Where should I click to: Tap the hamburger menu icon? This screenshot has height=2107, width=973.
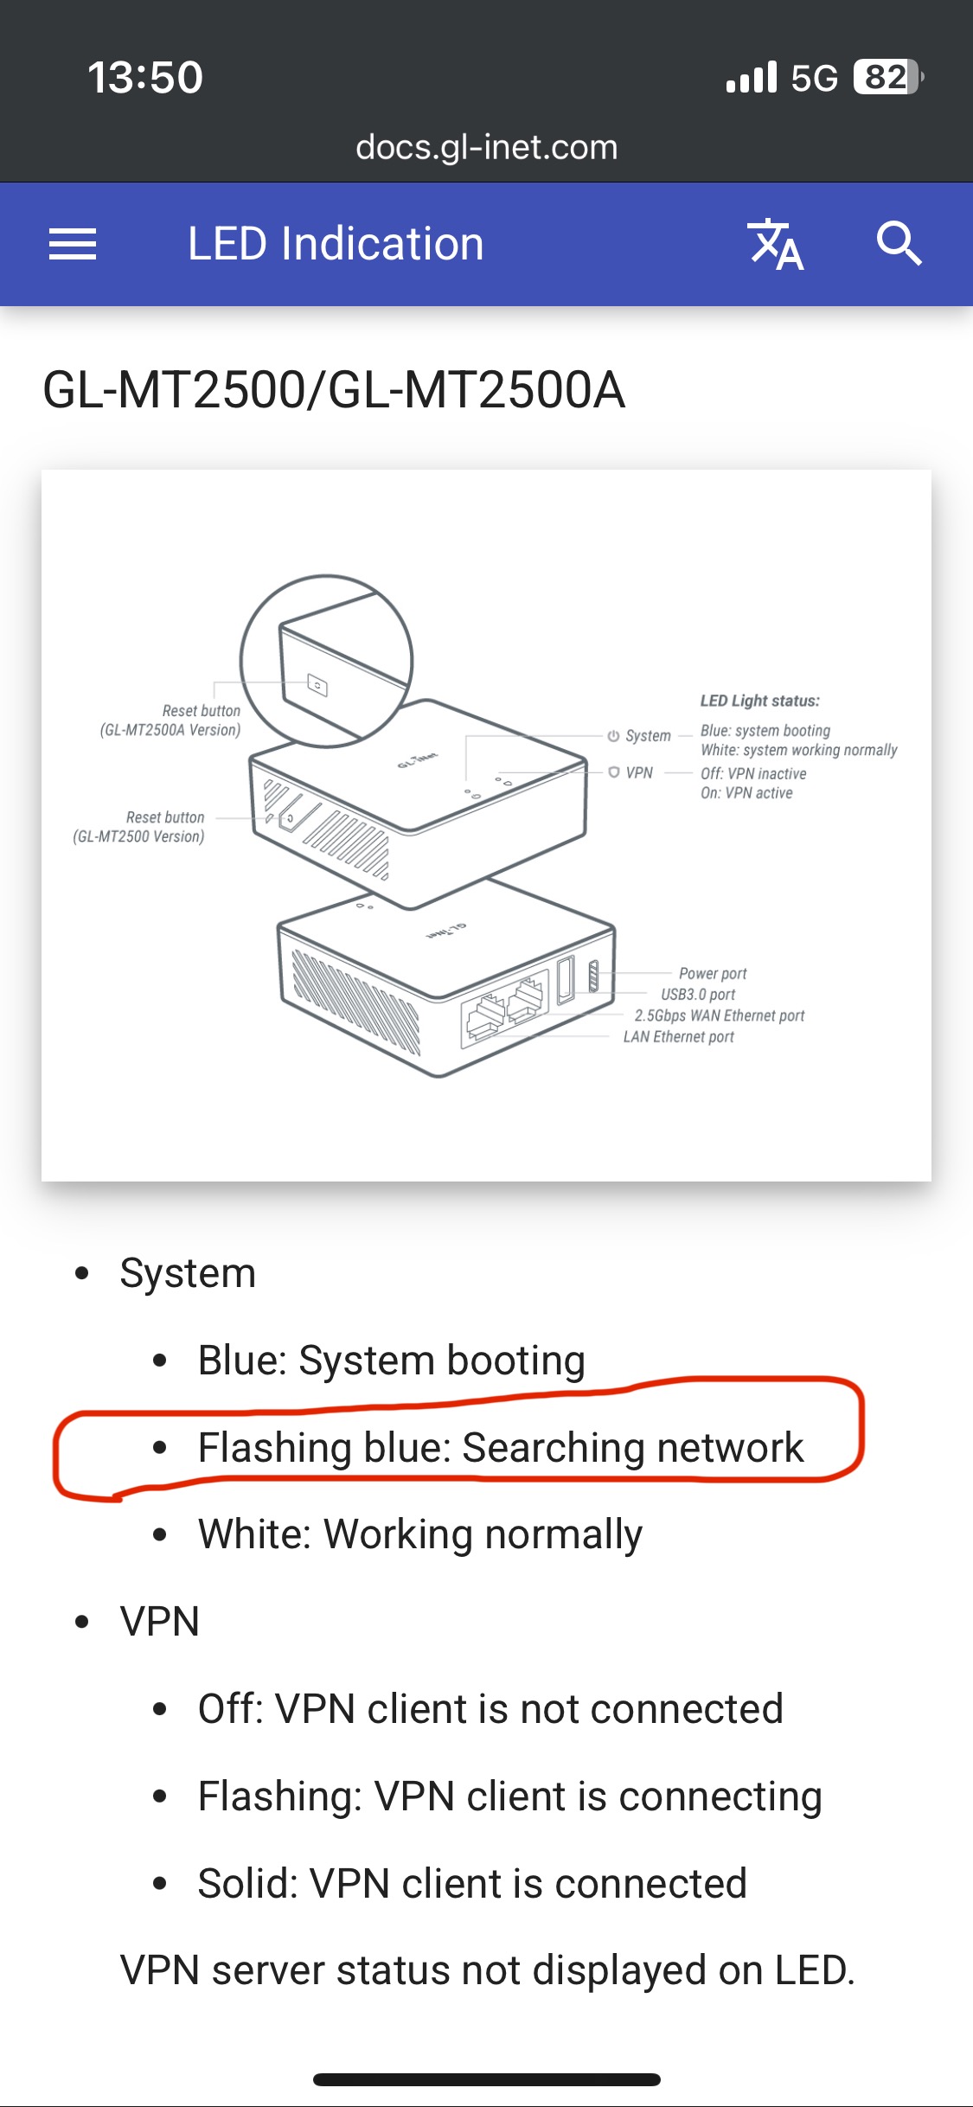(73, 244)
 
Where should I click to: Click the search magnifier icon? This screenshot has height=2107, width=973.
(899, 244)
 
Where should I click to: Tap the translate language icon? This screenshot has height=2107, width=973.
(776, 244)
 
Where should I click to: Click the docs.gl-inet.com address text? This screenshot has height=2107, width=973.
(486, 147)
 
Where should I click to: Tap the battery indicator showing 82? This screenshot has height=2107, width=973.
(887, 77)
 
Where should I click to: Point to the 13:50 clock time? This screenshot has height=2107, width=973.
(145, 77)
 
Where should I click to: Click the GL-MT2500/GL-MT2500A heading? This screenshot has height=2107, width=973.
(334, 390)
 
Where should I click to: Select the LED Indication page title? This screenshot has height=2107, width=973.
(336, 244)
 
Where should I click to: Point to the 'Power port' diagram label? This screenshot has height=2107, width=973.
(713, 973)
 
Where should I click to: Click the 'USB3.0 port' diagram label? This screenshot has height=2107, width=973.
(698, 995)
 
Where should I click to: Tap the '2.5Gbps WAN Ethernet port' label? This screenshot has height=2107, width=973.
(720, 1015)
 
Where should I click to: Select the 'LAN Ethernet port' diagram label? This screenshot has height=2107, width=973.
(679, 1036)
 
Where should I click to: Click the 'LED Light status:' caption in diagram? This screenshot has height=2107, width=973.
(760, 701)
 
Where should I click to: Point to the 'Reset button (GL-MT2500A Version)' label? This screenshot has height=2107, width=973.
(171, 720)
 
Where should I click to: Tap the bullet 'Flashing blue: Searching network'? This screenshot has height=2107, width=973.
(501, 1447)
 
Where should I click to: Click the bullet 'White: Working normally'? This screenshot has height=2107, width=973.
(420, 1534)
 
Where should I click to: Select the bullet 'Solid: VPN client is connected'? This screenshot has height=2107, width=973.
(472, 1883)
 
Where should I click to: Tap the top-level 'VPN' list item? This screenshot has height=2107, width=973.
(160, 1621)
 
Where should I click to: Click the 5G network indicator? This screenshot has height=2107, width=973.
(814, 78)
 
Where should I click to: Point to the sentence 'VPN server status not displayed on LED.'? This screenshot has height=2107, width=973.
(487, 1970)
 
